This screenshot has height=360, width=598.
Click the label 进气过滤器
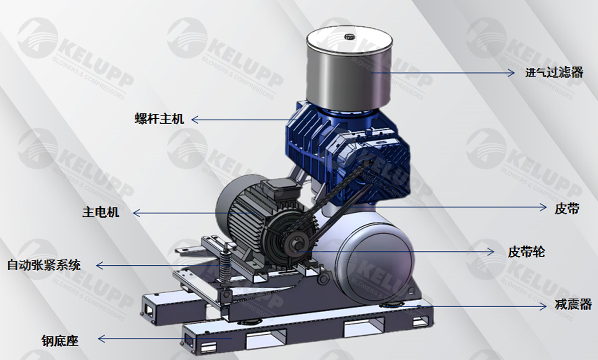point(554,73)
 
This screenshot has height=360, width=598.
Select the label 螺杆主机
point(159,119)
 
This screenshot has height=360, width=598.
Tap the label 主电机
point(101,212)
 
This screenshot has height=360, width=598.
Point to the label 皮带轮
point(526,252)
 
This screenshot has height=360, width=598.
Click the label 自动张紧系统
point(44,265)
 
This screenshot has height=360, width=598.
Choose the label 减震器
point(573,305)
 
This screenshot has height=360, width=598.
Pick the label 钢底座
point(60,341)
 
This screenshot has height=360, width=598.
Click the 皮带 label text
point(567,208)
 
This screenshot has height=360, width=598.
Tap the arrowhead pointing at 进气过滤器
point(511,73)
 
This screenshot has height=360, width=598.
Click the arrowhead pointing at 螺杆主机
point(195,119)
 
